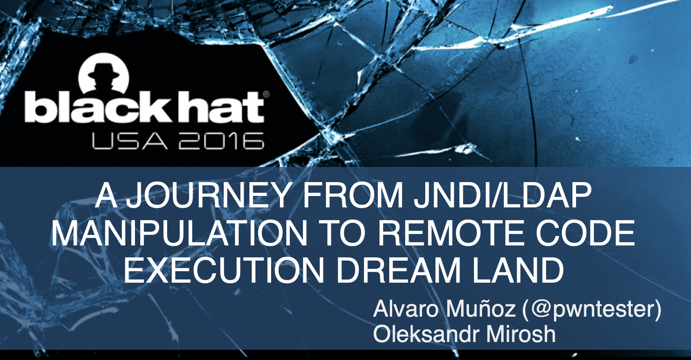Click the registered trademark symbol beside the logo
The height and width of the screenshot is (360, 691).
(267, 94)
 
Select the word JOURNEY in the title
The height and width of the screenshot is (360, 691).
(208, 196)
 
